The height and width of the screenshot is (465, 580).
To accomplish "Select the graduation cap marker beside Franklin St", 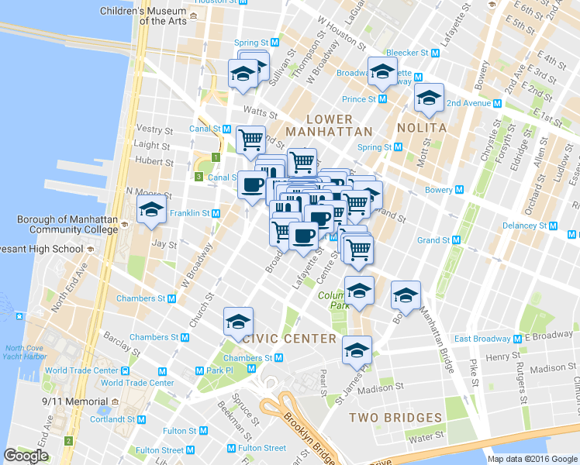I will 151,209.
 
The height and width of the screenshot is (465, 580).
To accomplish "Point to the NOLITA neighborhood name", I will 421,128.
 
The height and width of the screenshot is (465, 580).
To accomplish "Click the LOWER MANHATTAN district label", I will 329,125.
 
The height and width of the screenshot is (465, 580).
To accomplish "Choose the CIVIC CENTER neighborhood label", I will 289,339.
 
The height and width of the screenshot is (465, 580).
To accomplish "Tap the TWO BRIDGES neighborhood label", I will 395,418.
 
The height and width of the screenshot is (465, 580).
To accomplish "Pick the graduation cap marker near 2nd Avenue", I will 428,98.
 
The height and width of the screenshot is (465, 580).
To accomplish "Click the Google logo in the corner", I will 26,456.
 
